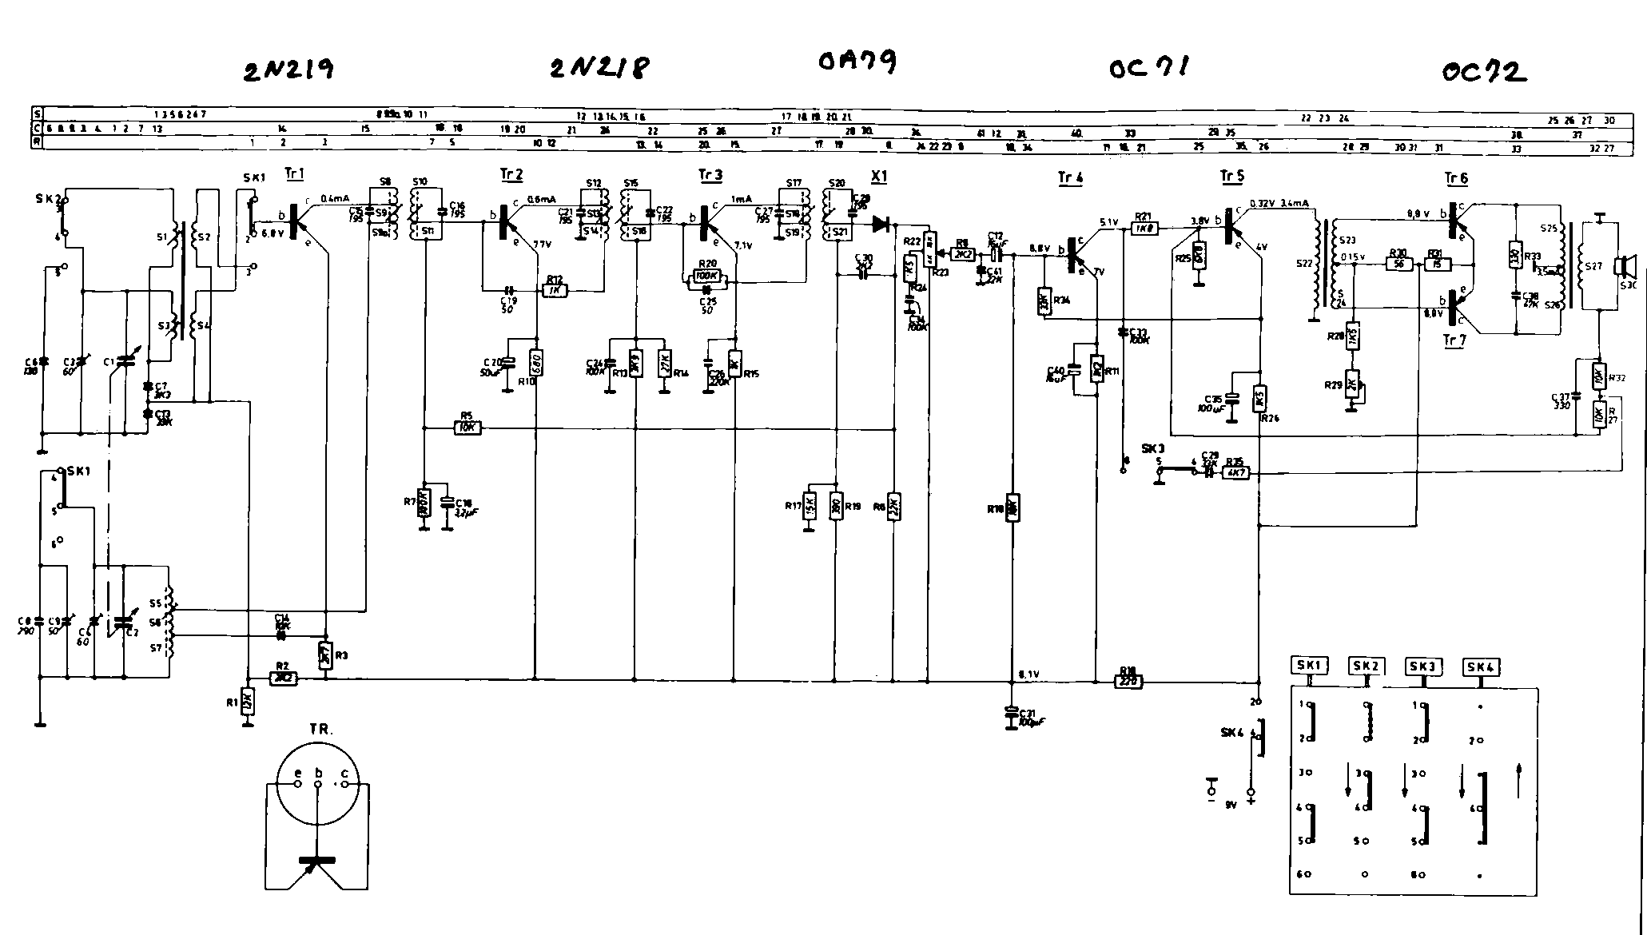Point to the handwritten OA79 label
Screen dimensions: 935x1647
(857, 62)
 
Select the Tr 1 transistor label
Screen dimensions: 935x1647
(293, 173)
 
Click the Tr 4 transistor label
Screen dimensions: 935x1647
(1069, 177)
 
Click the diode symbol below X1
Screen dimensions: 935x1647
(882, 224)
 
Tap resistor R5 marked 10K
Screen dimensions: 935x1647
(467, 428)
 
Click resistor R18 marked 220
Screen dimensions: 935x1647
(1128, 682)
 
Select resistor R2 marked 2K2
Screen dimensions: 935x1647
(284, 677)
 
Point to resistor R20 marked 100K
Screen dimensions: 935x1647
(708, 277)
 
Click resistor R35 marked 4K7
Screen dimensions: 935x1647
(1235, 472)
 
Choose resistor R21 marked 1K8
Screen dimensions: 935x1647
(1144, 228)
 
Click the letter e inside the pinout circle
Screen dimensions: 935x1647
(297, 774)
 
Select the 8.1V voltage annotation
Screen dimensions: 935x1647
(1028, 674)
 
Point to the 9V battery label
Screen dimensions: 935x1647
(1231, 805)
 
